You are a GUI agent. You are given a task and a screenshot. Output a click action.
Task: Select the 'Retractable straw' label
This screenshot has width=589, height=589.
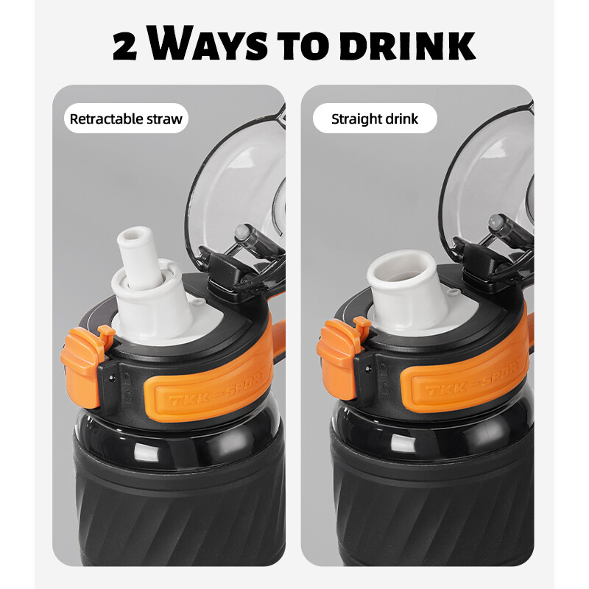(x=126, y=119)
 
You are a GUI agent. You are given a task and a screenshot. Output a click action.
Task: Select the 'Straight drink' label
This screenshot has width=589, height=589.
(x=374, y=119)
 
